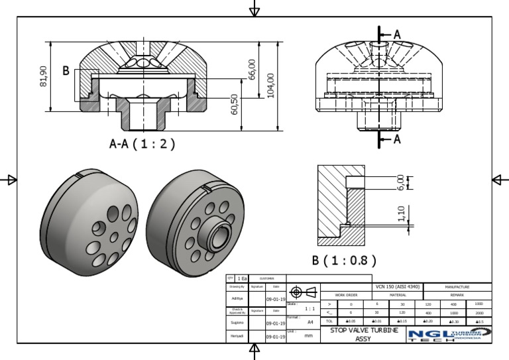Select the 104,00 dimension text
(x=270, y=85)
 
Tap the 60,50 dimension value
(x=235, y=104)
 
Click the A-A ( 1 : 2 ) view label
(x=142, y=144)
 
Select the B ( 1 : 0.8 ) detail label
(x=344, y=259)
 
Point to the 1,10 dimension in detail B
(x=400, y=213)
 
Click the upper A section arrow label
(x=396, y=34)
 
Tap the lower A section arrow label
(x=396, y=139)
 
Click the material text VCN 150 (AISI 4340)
(x=398, y=287)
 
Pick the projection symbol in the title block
(x=296, y=292)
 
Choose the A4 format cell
(x=310, y=322)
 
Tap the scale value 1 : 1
(x=309, y=308)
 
